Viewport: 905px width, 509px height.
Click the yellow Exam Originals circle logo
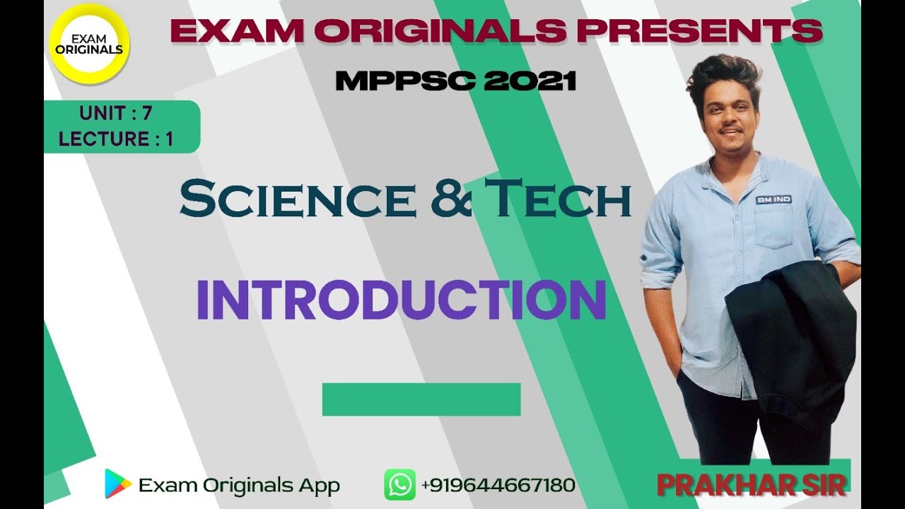click(x=89, y=44)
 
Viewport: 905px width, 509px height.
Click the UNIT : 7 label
click(x=115, y=113)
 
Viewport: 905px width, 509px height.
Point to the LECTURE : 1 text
click(x=116, y=139)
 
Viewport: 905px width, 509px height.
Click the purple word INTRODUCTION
click(x=401, y=300)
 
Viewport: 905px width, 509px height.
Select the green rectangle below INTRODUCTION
click(x=421, y=399)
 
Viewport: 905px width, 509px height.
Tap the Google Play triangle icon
click(x=118, y=484)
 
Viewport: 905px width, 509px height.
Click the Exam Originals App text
click(x=239, y=486)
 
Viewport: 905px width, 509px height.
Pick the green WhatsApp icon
click(x=399, y=485)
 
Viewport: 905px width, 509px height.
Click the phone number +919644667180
click(x=498, y=486)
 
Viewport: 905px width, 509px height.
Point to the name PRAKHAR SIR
click(x=752, y=485)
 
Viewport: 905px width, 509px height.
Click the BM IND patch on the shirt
click(x=773, y=200)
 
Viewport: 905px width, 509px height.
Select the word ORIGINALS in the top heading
click(x=440, y=31)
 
